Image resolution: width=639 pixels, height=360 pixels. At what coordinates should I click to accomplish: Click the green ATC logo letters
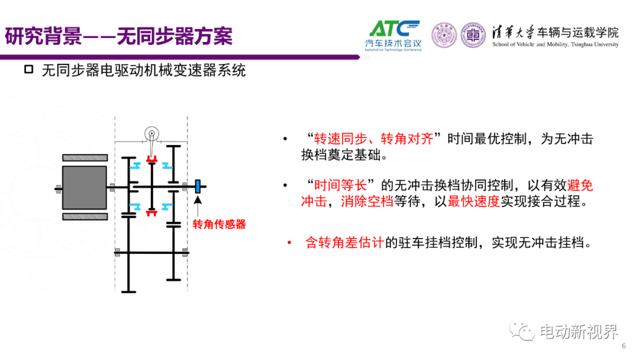point(393,29)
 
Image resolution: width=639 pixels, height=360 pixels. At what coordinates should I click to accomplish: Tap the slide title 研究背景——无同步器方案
point(118,36)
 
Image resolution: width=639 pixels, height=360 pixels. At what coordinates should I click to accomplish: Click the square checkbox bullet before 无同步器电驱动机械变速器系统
point(28,69)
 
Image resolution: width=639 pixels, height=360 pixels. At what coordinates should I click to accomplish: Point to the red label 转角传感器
point(220,224)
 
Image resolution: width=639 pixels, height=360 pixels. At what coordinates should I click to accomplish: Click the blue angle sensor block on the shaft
point(198,187)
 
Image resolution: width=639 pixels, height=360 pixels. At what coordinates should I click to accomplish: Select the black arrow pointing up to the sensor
point(198,206)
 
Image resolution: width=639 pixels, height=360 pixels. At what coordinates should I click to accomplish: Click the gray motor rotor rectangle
point(85,188)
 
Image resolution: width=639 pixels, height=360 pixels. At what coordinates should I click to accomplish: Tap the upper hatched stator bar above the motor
point(85,157)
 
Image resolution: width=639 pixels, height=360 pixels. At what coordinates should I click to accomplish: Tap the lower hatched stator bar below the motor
point(85,217)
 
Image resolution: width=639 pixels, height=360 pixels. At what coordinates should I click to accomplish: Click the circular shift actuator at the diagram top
point(151,133)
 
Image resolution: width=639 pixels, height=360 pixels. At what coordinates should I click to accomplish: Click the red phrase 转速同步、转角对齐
point(373,139)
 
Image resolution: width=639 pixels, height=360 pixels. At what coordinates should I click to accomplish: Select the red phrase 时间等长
point(340,185)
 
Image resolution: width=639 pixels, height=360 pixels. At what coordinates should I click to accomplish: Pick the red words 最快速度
point(473,201)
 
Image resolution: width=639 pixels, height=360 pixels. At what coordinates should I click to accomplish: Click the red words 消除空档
point(367,201)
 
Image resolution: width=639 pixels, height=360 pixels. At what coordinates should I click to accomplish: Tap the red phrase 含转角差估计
point(345,243)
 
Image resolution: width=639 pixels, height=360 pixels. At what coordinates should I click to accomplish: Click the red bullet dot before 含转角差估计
point(289,243)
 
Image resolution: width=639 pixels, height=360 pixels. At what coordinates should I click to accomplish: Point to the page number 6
point(624,346)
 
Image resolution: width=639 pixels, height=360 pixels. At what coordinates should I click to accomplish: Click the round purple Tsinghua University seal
point(444,35)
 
